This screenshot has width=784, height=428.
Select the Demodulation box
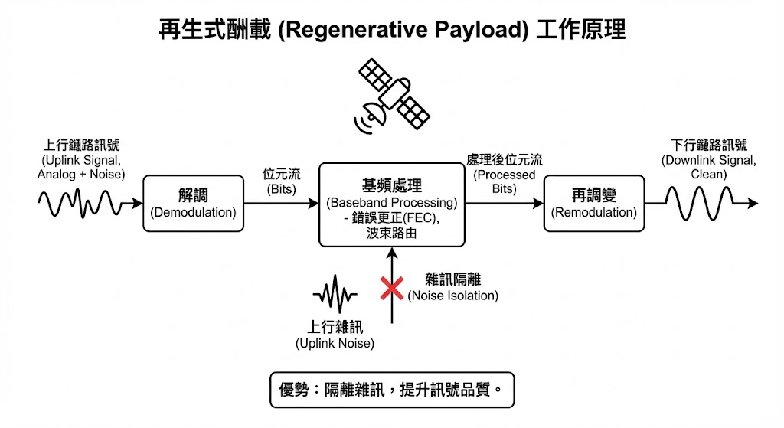pos(193,203)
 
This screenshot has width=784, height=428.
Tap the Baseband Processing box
pos(391,204)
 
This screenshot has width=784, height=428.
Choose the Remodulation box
pos(594,203)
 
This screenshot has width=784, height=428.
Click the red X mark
pos(392,288)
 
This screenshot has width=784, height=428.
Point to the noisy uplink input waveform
pos(80,203)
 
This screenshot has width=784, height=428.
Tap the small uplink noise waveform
pos(335,295)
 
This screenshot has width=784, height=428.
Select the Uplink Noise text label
pos(335,335)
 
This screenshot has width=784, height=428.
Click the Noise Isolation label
pos(452,288)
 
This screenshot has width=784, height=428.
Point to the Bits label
pos(280,181)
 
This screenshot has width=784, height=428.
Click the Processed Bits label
pos(504,174)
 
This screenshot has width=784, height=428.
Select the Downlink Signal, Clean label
pos(708,159)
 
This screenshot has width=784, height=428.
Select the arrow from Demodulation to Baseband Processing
pos(280,204)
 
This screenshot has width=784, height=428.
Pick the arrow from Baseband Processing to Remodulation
pos(504,204)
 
